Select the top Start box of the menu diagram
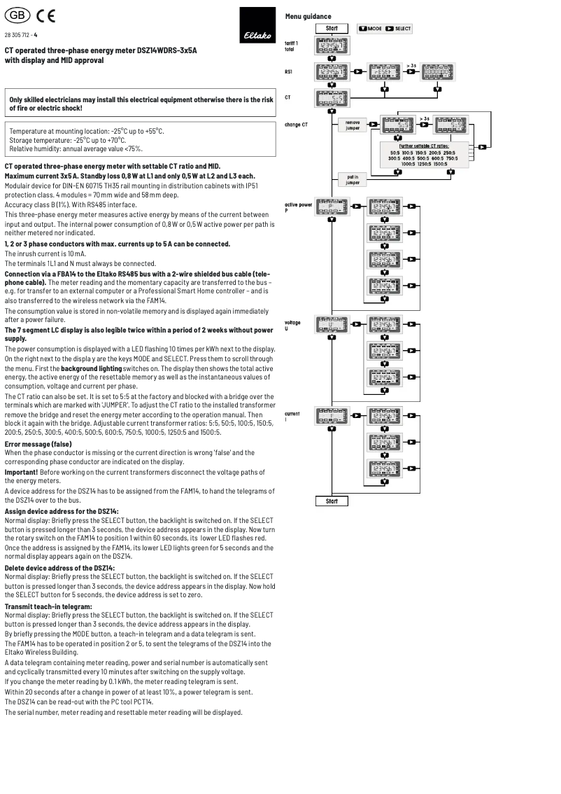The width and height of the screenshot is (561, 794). click(332, 29)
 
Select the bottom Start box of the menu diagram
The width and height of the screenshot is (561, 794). click(332, 501)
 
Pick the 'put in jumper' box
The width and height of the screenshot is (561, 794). click(352, 179)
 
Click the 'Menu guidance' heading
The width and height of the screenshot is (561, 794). click(308, 17)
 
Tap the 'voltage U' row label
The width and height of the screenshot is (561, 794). click(292, 325)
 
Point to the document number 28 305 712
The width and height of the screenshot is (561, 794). click(21, 34)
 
